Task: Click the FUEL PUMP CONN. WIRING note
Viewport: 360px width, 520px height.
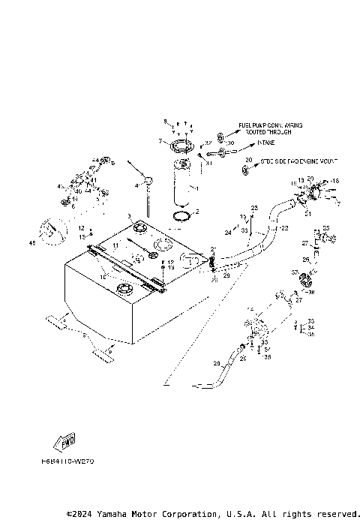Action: (x=270, y=128)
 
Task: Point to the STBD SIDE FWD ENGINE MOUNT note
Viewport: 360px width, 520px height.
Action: (x=289, y=161)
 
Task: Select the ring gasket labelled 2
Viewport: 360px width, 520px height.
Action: (x=180, y=217)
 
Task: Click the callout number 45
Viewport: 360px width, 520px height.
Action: (x=32, y=242)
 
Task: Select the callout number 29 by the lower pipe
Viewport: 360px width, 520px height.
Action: (x=217, y=363)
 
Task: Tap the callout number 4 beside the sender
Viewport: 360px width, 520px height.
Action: (x=137, y=185)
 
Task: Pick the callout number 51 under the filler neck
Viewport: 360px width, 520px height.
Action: (x=307, y=213)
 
